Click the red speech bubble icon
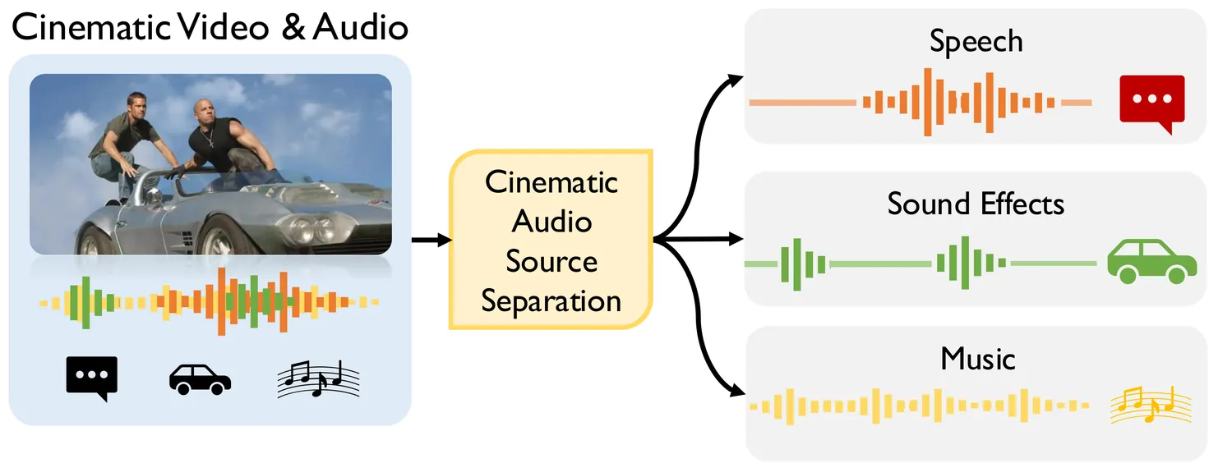pyautogui.click(x=1151, y=103)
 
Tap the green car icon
pyautogui.click(x=1151, y=262)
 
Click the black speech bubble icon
pyautogui.click(x=92, y=378)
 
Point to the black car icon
pyautogui.click(x=201, y=380)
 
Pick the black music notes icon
pyautogui.click(x=318, y=378)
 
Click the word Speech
pyautogui.click(x=976, y=42)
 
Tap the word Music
pyautogui.click(x=977, y=359)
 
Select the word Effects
pyautogui.click(x=1022, y=204)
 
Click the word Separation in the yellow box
pyautogui.click(x=551, y=300)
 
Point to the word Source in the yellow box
pyautogui.click(x=551, y=261)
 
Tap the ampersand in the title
pyautogui.click(x=293, y=27)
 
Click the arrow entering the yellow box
pyautogui.click(x=431, y=240)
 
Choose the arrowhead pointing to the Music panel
pyautogui.click(x=737, y=391)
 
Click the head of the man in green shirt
pyautogui.click(x=136, y=105)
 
